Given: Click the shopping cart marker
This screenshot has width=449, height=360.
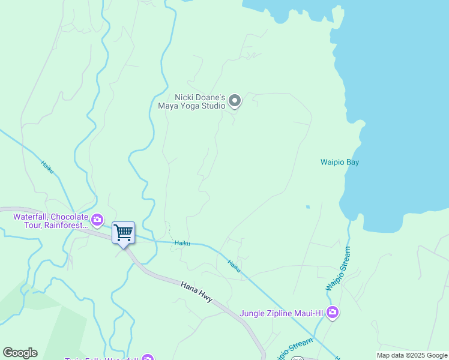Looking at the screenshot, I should click(123, 233).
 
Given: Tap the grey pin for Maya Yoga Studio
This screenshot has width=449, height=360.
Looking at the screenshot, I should click(235, 101).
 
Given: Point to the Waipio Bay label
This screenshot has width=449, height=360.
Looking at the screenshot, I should click(339, 162).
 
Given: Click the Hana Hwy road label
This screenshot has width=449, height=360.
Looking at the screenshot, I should click(197, 291).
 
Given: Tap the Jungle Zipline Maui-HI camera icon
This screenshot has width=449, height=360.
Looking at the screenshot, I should click(333, 313).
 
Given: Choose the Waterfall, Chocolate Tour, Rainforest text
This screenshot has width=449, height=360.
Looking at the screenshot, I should click(51, 221).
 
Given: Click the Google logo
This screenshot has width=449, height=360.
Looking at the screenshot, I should click(20, 353).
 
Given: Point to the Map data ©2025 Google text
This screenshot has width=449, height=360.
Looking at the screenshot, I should click(412, 355).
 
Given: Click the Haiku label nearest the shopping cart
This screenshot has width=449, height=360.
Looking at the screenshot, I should click(182, 243).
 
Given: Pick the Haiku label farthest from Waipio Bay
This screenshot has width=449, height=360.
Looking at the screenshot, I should click(47, 167).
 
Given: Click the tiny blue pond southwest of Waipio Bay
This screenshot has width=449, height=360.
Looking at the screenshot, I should click(307, 207).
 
